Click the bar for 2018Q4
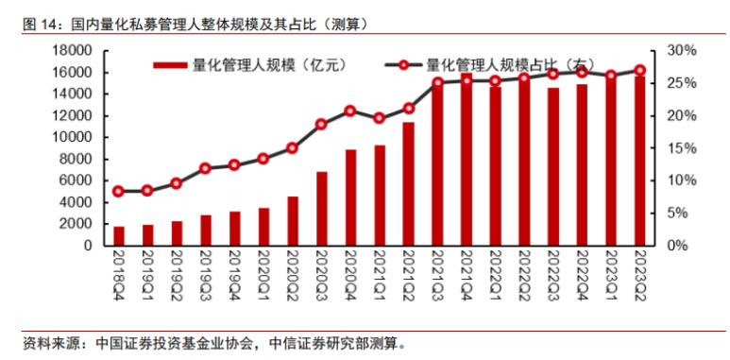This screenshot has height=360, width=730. pyautogui.click(x=119, y=235)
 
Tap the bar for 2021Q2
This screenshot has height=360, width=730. pyautogui.click(x=408, y=183)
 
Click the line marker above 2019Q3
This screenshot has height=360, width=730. pyautogui.click(x=205, y=168)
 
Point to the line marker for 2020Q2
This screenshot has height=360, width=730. pyautogui.click(x=292, y=148)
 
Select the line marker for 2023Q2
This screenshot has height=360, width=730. pyautogui.click(x=639, y=70)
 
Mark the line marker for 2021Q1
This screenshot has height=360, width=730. pyautogui.click(x=379, y=118)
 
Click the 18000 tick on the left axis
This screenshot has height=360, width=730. pyautogui.click(x=73, y=50)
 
